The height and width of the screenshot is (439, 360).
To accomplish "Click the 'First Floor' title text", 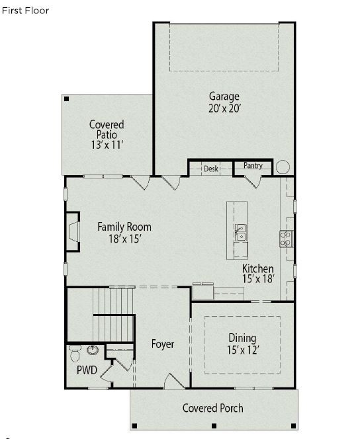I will pos(24,11).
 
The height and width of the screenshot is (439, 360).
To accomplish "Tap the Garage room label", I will pos(224,97).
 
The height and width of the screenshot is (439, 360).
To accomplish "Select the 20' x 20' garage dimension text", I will pos(224,108).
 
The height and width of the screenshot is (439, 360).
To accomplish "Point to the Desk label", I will pos(211,169).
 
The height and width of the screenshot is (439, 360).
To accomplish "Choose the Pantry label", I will pos(253,165).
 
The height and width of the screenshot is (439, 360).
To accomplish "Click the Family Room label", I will pos(124,227).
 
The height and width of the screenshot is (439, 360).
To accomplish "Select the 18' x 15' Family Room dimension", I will pos(124,239).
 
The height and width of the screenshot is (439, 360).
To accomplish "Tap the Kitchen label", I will pos(257,268).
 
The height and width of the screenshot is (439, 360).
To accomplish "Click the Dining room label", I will pos(242,338).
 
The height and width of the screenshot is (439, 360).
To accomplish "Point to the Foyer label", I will pos(163,344).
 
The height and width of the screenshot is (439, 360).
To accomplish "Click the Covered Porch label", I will pos(212,408).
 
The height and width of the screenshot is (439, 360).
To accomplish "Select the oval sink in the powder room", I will pos(93,350).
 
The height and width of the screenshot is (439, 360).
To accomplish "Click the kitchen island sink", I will pos(240,232).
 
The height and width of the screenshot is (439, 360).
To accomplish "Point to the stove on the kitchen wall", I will pos(287,238).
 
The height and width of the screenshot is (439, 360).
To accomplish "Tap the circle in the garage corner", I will pos(283,167).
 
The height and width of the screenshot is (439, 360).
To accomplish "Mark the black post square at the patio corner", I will pos(66,99).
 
